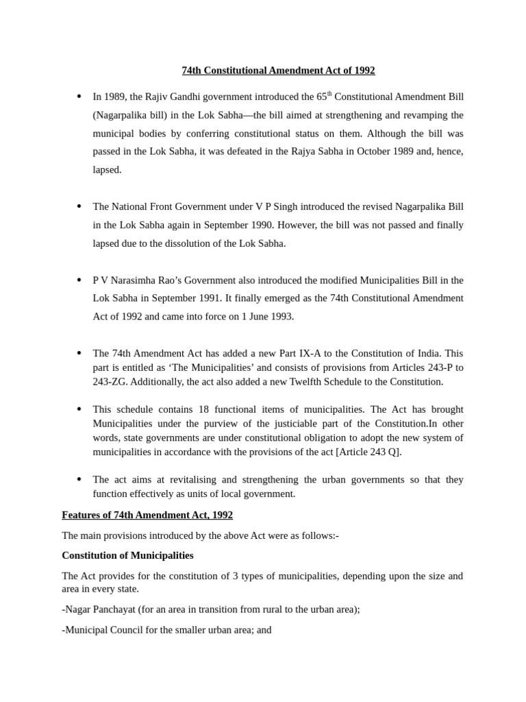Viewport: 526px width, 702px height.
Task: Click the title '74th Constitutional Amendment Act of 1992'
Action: point(278,71)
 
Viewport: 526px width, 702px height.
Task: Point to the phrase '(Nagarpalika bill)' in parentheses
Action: point(129,115)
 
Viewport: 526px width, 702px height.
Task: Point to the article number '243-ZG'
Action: point(108,382)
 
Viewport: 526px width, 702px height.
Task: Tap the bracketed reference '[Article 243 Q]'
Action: point(370,452)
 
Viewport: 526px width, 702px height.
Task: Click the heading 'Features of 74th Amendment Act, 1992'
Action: point(147,515)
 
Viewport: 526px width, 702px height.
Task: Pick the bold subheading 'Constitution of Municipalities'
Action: point(127,555)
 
